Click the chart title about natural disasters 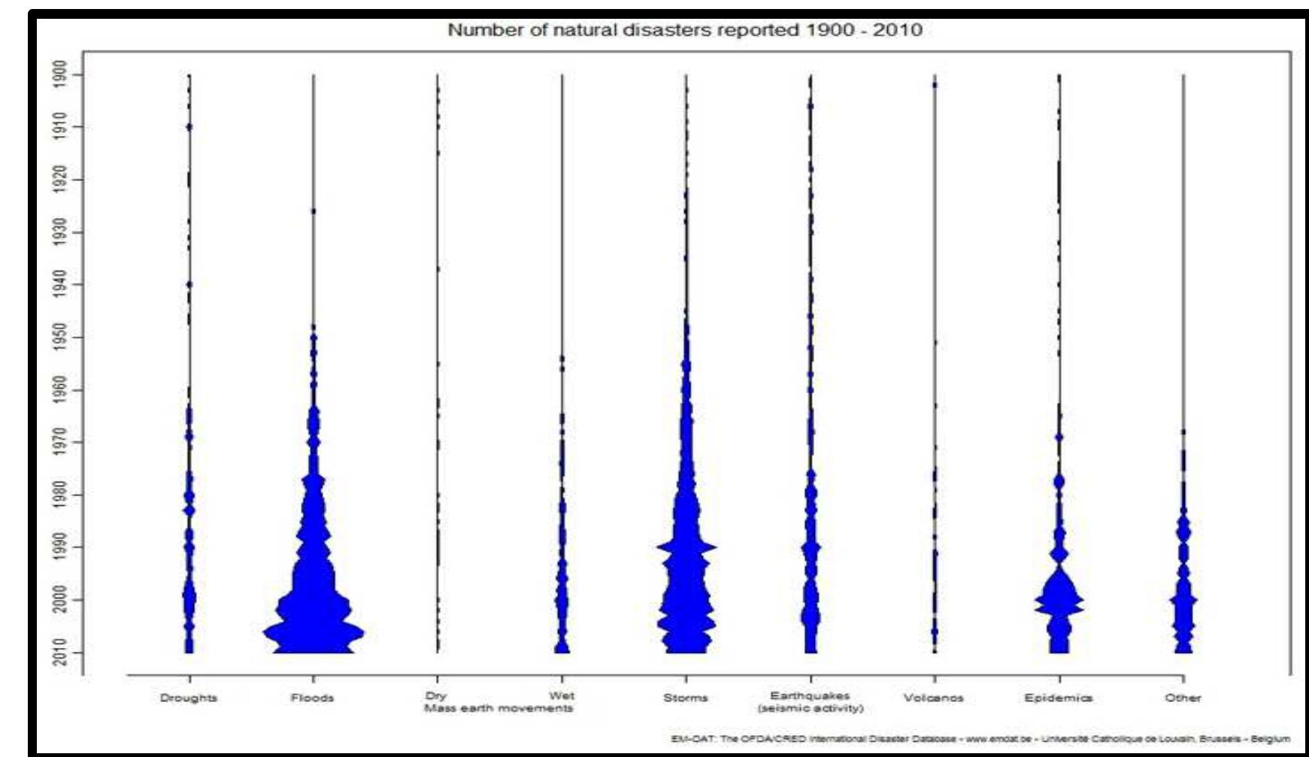point(684,30)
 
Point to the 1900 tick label point(60,74)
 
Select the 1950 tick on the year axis point(60,336)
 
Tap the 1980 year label point(60,494)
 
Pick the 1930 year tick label point(60,232)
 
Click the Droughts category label point(189,698)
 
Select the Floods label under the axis point(313,698)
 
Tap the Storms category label point(685,698)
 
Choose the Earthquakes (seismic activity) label point(811,702)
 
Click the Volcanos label point(934,698)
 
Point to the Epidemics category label point(1059,698)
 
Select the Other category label point(1183,698)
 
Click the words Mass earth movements point(498,708)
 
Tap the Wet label point(561,696)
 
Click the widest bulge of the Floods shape point(314,633)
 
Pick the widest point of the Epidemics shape point(1059,601)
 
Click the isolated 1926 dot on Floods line point(314,211)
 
